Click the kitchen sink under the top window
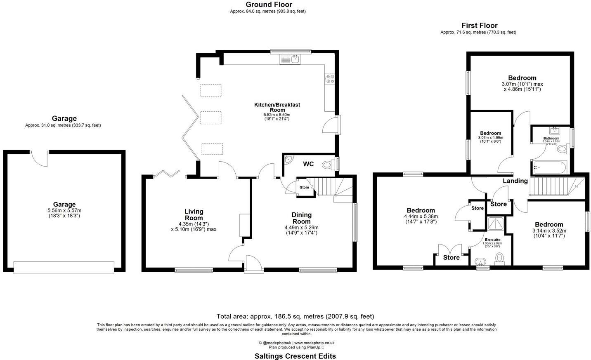[x=295, y=59]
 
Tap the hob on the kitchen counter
[x=330, y=79]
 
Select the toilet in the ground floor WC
[x=328, y=165]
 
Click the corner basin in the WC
[x=288, y=159]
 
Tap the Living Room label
[x=194, y=214]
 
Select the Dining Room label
[x=301, y=218]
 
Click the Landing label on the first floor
[x=515, y=181]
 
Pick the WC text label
[x=308, y=164]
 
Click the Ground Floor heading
[x=269, y=5]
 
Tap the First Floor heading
[x=479, y=26]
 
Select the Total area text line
[x=295, y=316]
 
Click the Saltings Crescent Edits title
[x=295, y=356]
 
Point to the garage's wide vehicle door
[x=64, y=267]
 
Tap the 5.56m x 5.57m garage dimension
[x=64, y=210]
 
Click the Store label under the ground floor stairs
[x=304, y=188]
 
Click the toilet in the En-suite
[x=500, y=259]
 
